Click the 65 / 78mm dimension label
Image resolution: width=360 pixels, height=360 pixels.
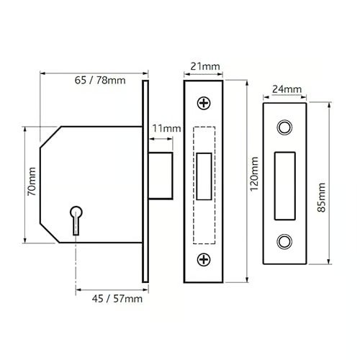100,80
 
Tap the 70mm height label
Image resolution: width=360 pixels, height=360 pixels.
32,181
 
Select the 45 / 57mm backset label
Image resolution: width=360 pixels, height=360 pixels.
117,299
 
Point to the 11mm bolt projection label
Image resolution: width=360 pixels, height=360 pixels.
166,129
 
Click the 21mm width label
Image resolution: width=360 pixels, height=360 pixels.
205,66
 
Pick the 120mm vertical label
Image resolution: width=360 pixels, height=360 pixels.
254,174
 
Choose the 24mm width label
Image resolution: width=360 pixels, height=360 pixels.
287,89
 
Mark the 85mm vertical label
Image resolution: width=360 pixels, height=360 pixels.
321,197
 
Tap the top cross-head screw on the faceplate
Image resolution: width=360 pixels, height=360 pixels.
204,103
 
